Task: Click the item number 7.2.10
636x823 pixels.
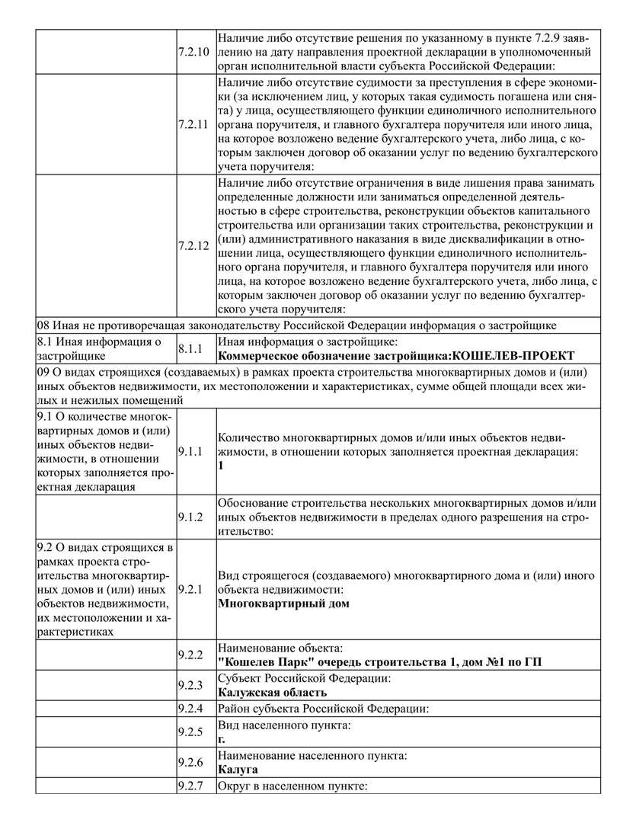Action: point(192,52)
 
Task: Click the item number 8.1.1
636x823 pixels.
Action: point(190,348)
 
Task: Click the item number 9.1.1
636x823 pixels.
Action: point(190,452)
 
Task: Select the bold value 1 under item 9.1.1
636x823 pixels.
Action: point(221,465)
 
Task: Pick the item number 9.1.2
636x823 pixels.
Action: point(190,517)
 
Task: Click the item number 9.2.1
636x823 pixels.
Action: point(190,590)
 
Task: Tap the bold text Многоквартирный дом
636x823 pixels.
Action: point(283,604)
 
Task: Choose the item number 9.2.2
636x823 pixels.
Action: point(190,655)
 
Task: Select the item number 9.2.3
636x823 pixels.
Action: point(190,685)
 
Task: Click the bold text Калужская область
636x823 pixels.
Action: point(272,692)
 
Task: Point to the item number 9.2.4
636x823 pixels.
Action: point(190,709)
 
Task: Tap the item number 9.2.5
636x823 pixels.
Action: point(190,732)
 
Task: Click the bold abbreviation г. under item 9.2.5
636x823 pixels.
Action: point(221,738)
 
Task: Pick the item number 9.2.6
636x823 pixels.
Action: point(190,763)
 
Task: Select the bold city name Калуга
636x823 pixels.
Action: point(238,770)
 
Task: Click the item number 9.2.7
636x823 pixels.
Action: point(190,786)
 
